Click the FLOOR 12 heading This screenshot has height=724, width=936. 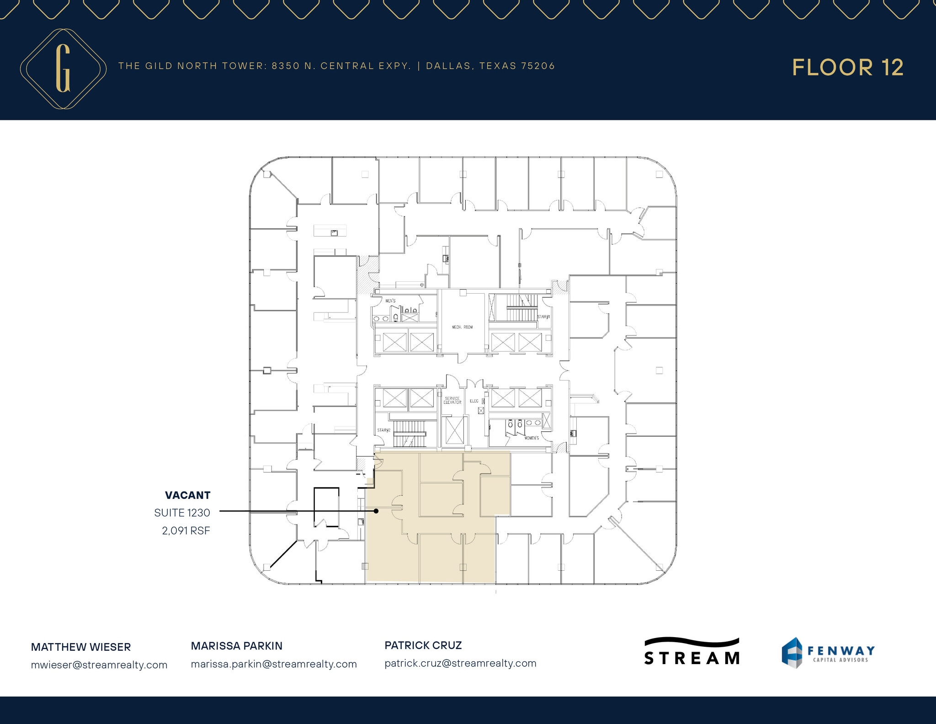(847, 68)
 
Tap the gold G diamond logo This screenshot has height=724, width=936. (63, 69)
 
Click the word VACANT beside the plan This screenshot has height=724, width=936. (187, 495)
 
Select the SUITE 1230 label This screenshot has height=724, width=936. (182, 513)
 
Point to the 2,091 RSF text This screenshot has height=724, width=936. (186, 531)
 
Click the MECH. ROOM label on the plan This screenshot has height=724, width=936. (462, 327)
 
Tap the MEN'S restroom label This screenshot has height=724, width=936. (390, 301)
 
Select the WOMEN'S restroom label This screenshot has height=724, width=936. (532, 438)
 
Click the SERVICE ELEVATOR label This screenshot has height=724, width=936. (452, 400)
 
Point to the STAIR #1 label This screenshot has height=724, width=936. (543, 317)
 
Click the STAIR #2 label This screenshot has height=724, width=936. (383, 430)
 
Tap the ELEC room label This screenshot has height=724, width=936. (474, 401)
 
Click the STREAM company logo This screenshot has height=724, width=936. (691, 652)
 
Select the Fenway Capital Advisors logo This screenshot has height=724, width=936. (828, 653)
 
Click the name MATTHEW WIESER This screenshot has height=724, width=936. (81, 647)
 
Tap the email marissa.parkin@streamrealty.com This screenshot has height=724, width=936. (274, 664)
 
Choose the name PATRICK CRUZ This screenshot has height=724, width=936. (423, 645)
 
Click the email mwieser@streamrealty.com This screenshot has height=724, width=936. (99, 665)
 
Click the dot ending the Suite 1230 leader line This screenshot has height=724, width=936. (376, 511)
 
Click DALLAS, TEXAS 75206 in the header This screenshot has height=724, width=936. (490, 66)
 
